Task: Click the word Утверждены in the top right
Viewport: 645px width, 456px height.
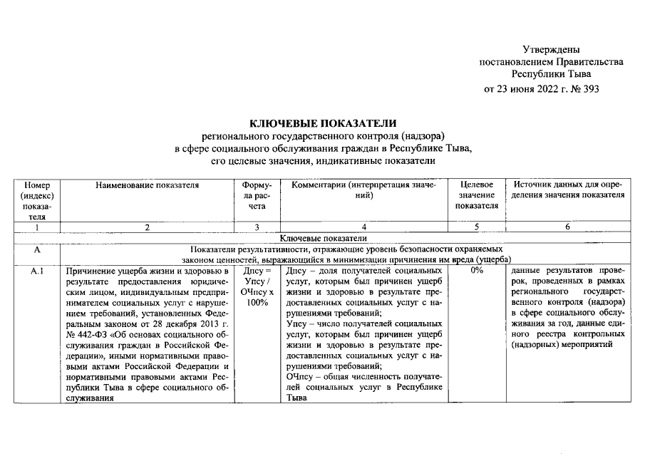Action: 551,49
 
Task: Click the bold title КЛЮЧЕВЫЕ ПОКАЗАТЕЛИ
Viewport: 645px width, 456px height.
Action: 322,124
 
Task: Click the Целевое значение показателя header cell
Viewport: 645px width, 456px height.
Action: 477,195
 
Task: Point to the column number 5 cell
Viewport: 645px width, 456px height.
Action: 477,227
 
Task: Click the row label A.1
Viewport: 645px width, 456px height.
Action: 37,271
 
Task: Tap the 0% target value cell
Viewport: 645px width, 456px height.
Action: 477,271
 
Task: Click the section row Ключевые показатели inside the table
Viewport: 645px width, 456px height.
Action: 322,238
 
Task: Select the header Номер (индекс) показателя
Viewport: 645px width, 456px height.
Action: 37,200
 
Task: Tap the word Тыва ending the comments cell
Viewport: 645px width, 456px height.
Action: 296,398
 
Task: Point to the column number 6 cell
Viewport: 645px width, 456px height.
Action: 568,227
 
